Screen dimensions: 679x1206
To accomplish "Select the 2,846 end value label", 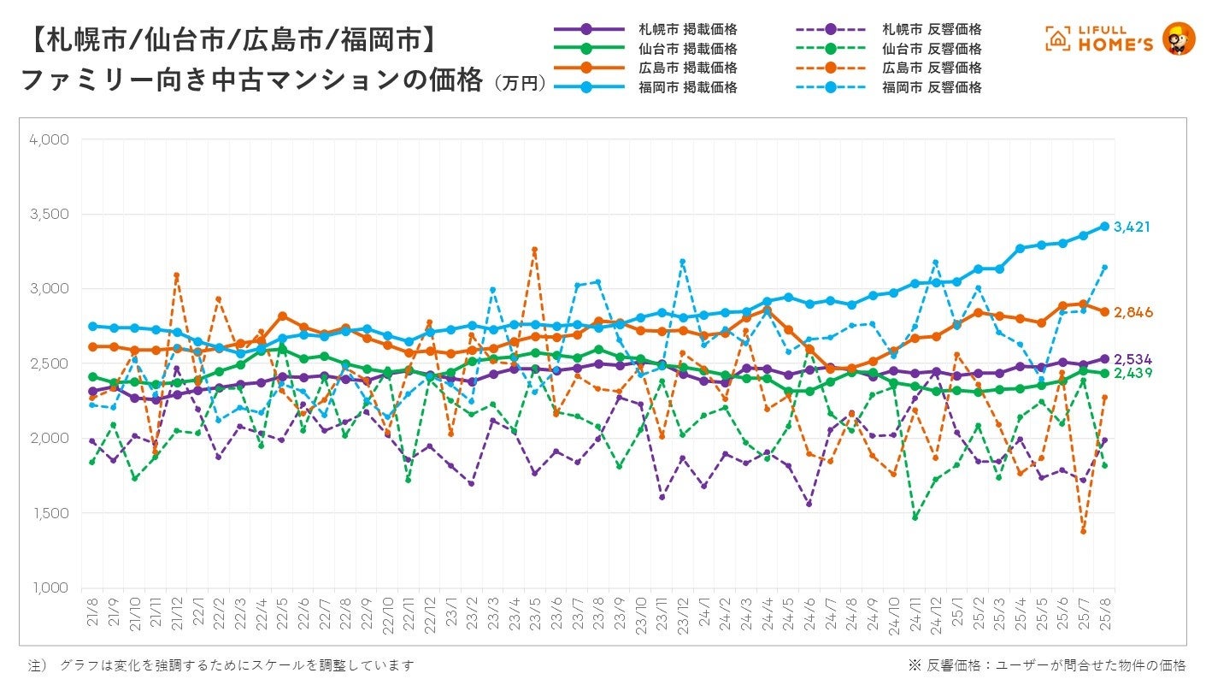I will point(1132,313).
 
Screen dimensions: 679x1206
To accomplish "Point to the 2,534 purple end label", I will point(1132,358).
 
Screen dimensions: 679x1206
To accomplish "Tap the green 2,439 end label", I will point(1132,373).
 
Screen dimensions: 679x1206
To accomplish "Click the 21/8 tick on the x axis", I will point(92,614).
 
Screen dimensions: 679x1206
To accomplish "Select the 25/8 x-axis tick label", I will point(1104,614).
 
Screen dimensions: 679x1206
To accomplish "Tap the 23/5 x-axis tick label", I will point(535,614).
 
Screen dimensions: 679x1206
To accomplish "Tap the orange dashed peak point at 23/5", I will point(535,250).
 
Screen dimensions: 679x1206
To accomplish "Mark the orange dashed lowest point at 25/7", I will point(1083,531).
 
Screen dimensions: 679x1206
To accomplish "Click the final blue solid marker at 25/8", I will point(1104,227).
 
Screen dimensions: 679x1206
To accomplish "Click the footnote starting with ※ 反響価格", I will point(1047,664).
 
